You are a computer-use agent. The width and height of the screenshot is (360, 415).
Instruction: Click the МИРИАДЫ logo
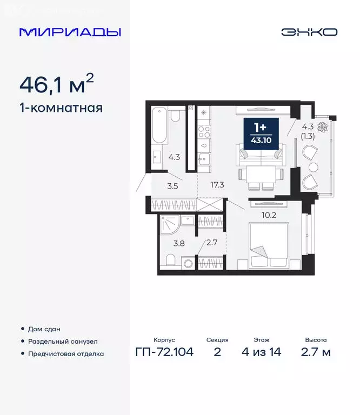(70, 32)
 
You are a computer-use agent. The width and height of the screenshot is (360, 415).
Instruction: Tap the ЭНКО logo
(309, 32)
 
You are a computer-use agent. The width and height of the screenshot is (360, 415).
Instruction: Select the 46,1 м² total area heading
(57, 84)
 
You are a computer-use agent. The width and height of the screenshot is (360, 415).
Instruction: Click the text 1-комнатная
(61, 108)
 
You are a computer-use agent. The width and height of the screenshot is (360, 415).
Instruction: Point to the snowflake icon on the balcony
(323, 128)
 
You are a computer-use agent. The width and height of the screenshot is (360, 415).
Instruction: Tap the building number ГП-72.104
(164, 353)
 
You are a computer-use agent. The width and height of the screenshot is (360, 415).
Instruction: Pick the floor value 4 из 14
(262, 353)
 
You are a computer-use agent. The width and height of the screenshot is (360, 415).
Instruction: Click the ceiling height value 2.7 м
(315, 353)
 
